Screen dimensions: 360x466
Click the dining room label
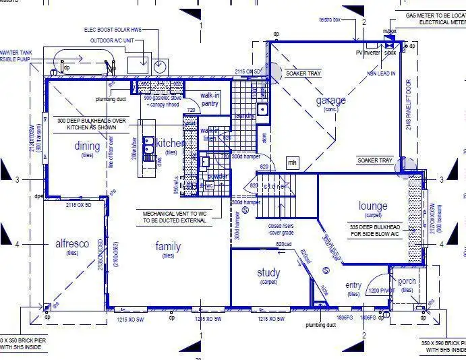[87, 146]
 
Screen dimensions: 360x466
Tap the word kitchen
[169, 144]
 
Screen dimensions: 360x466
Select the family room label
[168, 246]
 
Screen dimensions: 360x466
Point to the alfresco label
[72, 244]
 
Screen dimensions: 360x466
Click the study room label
[268, 273]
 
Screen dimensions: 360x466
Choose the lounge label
[373, 206]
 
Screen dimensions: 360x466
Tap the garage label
[330, 100]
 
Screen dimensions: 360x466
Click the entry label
[353, 285]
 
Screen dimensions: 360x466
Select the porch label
[407, 281]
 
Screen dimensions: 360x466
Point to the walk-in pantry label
[210, 99]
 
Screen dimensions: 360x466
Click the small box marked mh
[292, 162]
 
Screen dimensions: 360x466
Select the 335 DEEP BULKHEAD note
[376, 231]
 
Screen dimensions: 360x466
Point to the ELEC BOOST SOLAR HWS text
[121, 30]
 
